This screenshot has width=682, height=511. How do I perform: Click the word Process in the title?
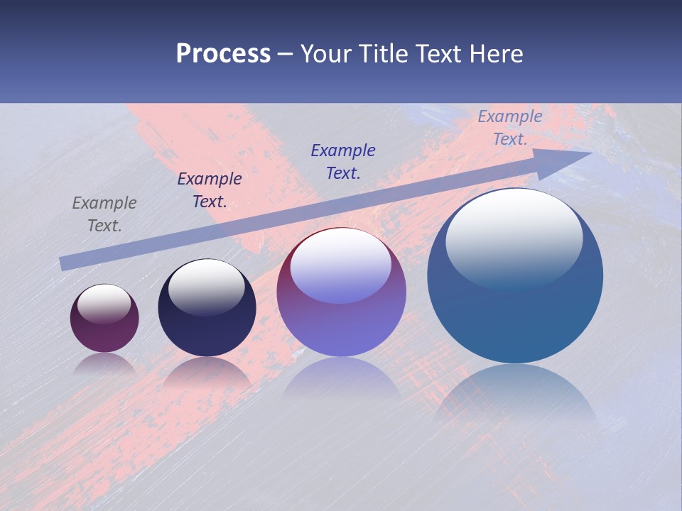click(x=223, y=54)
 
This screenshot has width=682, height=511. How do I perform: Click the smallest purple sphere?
click(x=104, y=319)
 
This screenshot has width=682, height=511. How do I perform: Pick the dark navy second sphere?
click(x=207, y=308)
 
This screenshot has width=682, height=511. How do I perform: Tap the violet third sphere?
click(x=342, y=292)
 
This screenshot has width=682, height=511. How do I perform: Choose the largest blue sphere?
click(x=515, y=276)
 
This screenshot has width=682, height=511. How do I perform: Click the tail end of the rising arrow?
click(x=63, y=264)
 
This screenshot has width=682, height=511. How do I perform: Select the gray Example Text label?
click(x=104, y=214)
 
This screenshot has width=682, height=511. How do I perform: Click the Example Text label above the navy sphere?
click(x=210, y=190)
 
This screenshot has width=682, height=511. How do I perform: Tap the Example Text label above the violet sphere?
click(x=343, y=161)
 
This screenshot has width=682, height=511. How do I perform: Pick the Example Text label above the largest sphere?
click(x=510, y=128)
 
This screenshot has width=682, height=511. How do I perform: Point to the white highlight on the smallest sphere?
click(x=104, y=303)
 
